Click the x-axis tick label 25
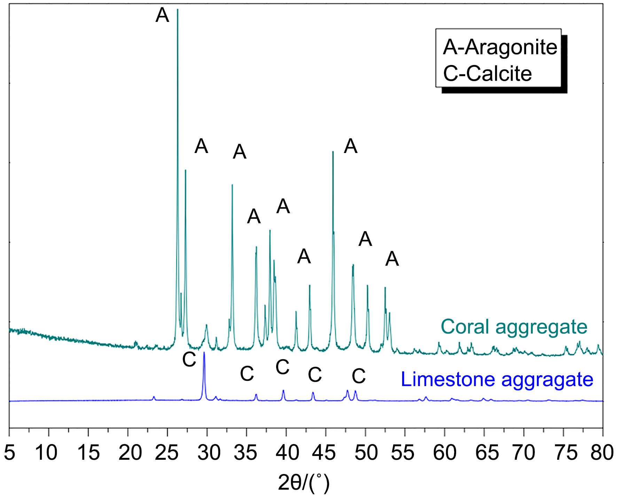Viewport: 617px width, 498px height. click(x=169, y=453)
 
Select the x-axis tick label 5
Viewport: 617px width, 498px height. click(x=10, y=453)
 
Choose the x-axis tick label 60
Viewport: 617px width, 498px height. click(x=445, y=453)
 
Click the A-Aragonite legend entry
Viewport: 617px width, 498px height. click(x=500, y=47)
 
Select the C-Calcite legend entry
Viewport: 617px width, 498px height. click(x=487, y=74)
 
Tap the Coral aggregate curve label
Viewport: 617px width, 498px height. click(x=514, y=327)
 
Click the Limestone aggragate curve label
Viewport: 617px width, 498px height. click(x=497, y=379)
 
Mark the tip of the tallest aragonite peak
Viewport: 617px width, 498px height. click(x=178, y=9)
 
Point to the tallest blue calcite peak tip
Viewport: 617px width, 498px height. click(x=204, y=353)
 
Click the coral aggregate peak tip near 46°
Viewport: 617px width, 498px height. click(x=333, y=152)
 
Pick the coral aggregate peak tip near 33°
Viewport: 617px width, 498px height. click(x=232, y=185)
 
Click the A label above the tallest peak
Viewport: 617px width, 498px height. click(x=162, y=16)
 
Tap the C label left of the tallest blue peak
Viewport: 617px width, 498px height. click(x=189, y=360)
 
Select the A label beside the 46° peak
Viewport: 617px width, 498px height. click(x=351, y=146)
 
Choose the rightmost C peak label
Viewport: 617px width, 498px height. click(x=359, y=376)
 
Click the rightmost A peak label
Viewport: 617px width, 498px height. click(x=392, y=259)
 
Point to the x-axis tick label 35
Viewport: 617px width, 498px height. click(x=248, y=453)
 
